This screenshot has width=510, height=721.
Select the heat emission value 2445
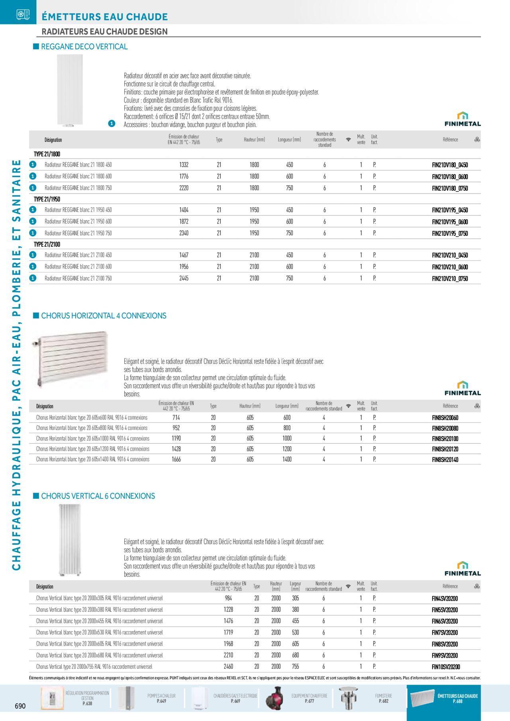tap(184, 278)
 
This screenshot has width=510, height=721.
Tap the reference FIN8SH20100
tap(445, 439)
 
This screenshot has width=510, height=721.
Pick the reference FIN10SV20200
tap(446, 667)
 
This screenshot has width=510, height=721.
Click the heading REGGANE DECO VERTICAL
tap(84, 47)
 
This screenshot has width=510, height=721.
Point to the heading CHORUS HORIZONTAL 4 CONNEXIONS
tap(104, 316)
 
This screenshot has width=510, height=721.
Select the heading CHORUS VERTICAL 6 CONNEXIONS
tap(98, 496)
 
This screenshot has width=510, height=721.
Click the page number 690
tap(20, 706)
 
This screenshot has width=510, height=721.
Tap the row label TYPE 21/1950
tap(47, 199)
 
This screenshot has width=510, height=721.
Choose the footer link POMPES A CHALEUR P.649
tap(161, 698)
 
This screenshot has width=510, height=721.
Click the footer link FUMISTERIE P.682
tap(383, 698)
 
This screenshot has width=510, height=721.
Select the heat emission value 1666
tap(176, 459)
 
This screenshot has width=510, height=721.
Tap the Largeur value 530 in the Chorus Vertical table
tap(295, 633)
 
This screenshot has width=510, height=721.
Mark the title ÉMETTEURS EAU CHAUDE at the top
tap(105, 17)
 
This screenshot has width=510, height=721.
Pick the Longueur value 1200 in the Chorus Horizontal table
tap(287, 449)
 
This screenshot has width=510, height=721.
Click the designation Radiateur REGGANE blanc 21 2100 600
tap(78, 266)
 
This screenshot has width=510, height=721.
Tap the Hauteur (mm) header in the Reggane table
tap(254, 140)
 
